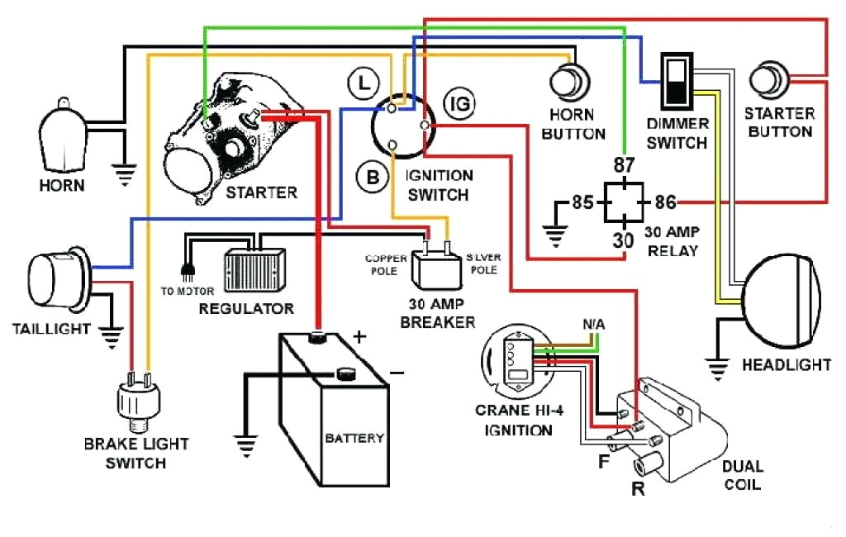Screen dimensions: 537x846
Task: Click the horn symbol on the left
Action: (62, 136)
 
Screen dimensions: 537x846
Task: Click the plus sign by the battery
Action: (359, 336)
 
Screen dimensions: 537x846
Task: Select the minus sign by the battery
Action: (397, 373)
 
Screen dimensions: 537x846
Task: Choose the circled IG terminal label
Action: (459, 103)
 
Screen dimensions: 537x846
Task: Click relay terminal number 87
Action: (625, 164)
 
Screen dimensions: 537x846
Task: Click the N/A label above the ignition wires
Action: (592, 325)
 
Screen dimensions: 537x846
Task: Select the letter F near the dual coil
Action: (604, 460)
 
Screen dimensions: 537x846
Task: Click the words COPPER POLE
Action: (387, 264)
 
